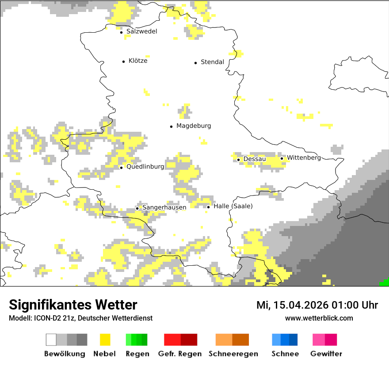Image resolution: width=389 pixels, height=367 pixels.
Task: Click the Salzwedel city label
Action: point(141,31)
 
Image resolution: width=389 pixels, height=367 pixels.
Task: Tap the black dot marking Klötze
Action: point(123,61)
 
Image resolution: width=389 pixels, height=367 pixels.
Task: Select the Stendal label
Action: point(212,62)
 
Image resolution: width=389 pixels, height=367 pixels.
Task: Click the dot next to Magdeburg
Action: point(171,126)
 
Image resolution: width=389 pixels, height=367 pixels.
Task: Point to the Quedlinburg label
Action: point(145,167)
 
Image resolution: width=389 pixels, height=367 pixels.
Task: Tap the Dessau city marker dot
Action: point(238,160)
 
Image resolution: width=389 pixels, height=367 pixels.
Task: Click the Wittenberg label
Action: point(304,158)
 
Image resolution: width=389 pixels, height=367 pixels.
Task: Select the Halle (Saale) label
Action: point(233,206)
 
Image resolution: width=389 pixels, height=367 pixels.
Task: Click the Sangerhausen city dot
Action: point(137,208)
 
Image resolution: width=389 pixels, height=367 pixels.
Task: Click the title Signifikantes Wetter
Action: point(73,305)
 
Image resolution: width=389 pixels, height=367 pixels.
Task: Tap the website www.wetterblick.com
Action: point(319,318)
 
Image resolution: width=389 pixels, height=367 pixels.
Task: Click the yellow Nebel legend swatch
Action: point(105,340)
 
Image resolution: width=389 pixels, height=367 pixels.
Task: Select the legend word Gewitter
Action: point(326,354)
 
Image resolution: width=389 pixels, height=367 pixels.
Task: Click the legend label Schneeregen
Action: point(233,354)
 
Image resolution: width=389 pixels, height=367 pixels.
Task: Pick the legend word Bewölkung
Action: point(65,354)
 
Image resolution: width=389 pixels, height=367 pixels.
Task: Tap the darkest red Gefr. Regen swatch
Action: point(189,340)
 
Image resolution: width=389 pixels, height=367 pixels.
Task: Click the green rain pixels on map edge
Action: point(385,282)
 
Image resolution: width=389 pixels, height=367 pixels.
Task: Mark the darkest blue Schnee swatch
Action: point(294,340)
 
